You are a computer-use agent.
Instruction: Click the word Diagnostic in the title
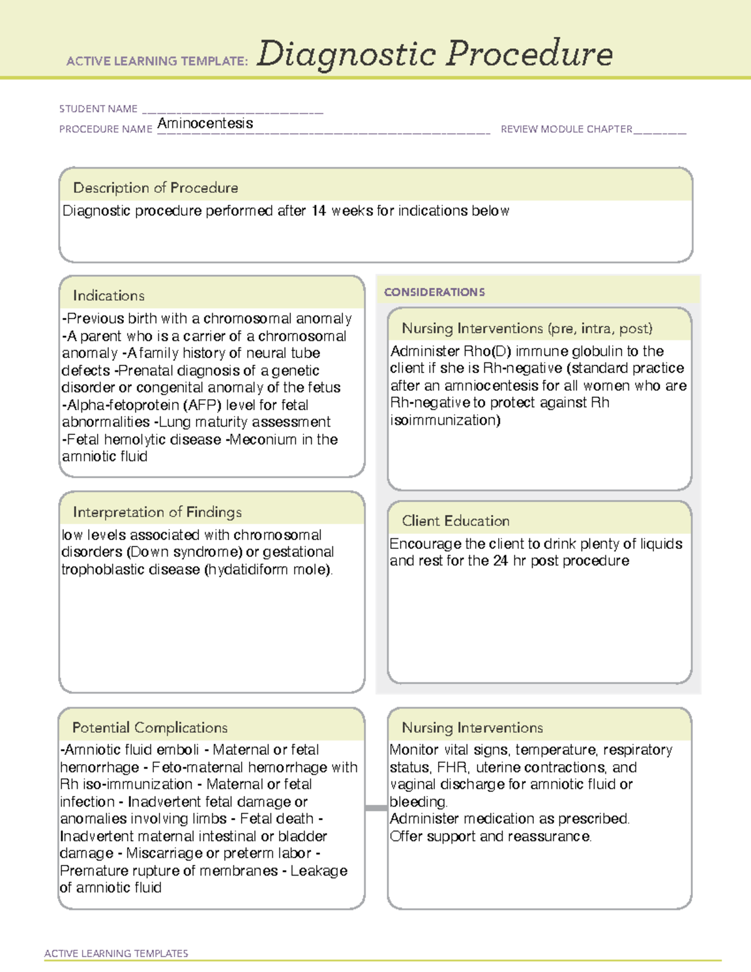[x=346, y=54]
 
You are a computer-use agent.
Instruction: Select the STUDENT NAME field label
[x=98, y=109]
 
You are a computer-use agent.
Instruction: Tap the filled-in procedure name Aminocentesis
[x=205, y=123]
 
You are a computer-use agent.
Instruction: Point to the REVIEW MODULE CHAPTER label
[x=566, y=129]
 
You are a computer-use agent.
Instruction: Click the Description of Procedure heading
[x=155, y=188]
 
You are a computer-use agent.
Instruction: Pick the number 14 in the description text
[x=319, y=211]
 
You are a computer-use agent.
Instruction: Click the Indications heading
[x=108, y=295]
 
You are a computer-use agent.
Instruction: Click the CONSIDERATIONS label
[x=434, y=292]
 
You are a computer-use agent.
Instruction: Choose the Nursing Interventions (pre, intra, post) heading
[x=527, y=329]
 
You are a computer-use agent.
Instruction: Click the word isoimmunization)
[x=445, y=420]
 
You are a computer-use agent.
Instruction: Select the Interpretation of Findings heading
[x=157, y=512]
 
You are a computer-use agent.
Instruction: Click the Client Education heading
[x=456, y=521]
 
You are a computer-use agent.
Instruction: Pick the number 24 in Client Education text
[x=500, y=561]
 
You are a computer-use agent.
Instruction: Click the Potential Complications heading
[x=150, y=727]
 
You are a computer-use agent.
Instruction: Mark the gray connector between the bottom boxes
[x=376, y=808]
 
